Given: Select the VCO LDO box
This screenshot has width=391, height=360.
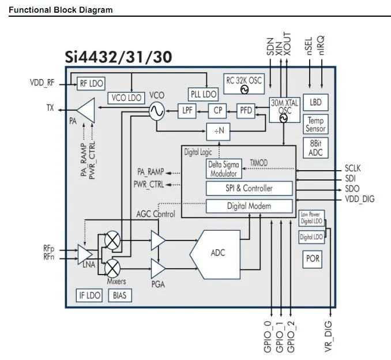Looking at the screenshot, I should point(126,98).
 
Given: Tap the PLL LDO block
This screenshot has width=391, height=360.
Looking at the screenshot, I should point(203,94).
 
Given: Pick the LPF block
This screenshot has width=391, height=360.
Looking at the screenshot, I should point(188,111).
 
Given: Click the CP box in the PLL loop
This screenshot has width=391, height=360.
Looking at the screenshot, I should point(217,111).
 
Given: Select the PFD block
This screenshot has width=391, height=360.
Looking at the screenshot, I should point(246,111).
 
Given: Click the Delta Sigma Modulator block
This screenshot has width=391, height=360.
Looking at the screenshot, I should point(223,169).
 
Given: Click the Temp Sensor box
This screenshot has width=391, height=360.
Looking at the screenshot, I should point(315,125).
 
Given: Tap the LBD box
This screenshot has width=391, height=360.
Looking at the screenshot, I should point(315,102).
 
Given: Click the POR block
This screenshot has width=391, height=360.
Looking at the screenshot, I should point(313,259).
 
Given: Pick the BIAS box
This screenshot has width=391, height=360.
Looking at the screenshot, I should point(119,296).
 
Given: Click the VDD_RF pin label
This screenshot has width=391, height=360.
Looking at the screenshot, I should point(42,82).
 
